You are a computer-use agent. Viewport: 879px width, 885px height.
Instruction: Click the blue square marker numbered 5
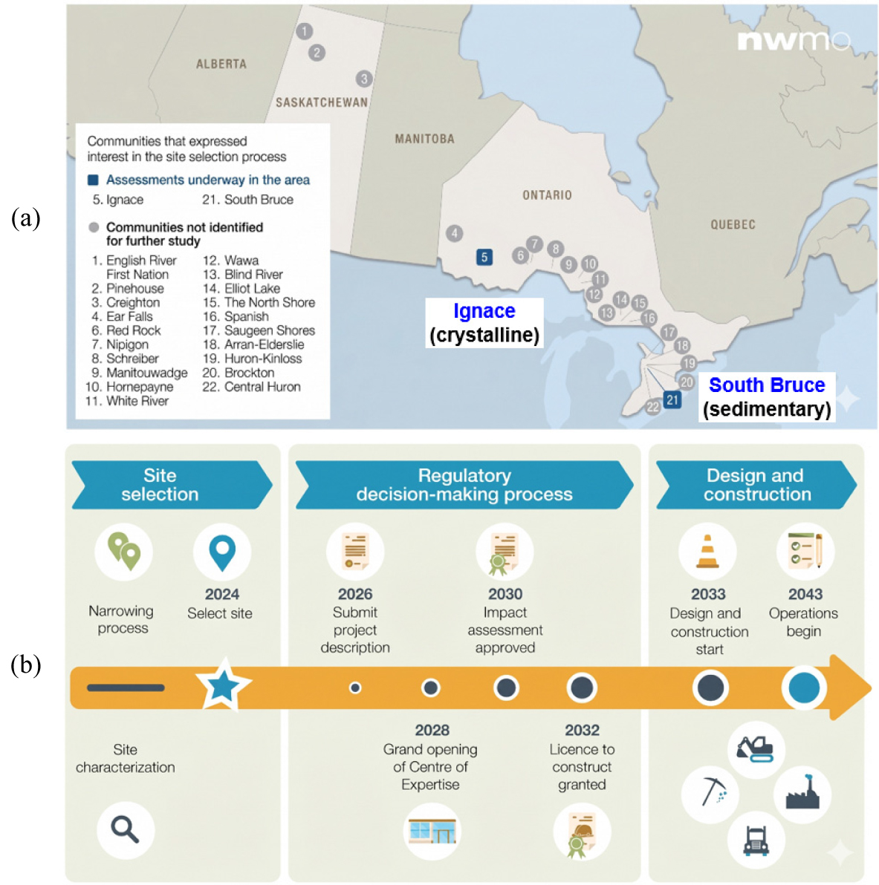coord(484,258)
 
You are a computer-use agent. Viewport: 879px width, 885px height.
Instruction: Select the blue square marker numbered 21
coord(672,400)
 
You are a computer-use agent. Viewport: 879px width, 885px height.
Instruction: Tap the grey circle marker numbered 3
coord(364,79)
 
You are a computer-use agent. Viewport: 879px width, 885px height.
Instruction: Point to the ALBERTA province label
coord(221,64)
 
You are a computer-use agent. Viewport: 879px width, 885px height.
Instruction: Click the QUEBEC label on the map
coord(733,225)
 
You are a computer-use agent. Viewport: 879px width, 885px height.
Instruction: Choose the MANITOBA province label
coord(424,139)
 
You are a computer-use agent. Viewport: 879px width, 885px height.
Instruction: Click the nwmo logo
coord(794,40)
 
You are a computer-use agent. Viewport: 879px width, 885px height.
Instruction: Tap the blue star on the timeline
coord(223,685)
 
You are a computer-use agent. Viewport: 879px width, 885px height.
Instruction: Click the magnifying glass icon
coord(125,830)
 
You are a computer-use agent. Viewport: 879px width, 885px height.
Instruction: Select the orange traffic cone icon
coord(707,551)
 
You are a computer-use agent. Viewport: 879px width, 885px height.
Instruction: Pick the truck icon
coord(756,840)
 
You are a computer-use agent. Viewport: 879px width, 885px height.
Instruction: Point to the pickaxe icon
coord(712,791)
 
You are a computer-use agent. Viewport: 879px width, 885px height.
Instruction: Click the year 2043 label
coord(805,594)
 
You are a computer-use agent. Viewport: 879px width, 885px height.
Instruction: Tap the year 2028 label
coord(432,730)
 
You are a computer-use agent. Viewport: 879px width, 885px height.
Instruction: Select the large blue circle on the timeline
coord(804,688)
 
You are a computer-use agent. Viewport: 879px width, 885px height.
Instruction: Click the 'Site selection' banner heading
coord(160,485)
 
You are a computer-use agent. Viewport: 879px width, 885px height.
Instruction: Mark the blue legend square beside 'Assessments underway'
coord(93,180)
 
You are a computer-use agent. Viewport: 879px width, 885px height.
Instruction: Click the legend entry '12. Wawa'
coord(230,260)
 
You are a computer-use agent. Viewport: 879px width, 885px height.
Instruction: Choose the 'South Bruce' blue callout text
coord(767,385)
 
